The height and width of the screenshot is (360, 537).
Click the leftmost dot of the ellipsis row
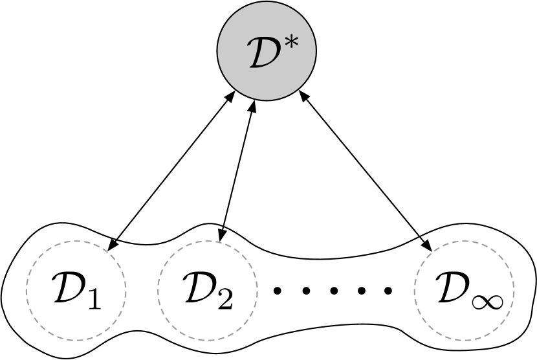[278, 291]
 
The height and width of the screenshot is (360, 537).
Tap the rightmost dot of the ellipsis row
[388, 291]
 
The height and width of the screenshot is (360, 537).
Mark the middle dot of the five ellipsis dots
[333, 291]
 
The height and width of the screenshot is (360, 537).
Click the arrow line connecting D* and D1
[171, 170]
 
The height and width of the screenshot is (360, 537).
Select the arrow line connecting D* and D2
[237, 172]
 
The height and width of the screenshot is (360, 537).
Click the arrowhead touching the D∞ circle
[427, 246]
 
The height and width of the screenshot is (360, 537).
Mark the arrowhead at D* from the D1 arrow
[231, 96]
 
